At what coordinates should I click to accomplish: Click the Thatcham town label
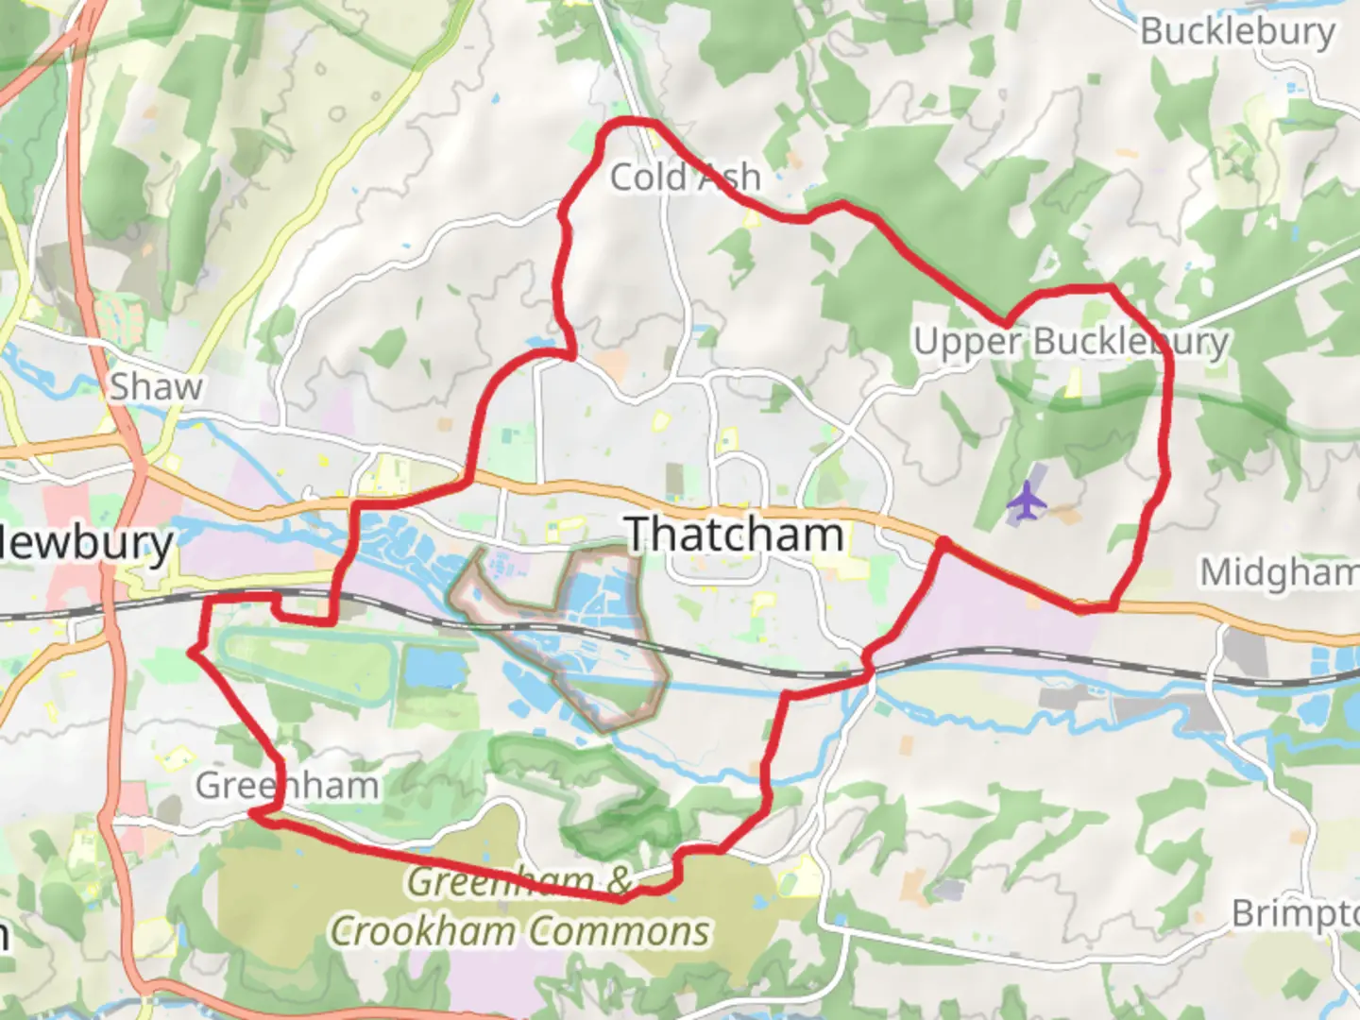735,535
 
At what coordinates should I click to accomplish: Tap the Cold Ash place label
685,177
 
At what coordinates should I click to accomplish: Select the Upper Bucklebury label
1071,341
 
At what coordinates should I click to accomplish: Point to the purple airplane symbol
1026,501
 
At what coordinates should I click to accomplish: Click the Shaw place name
156,386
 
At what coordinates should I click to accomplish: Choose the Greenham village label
287,785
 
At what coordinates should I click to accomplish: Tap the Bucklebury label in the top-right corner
1237,31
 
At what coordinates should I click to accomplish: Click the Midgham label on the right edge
1279,571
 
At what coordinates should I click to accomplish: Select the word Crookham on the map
430,931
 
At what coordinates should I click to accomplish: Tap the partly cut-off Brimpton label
1295,913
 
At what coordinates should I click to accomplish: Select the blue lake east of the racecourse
435,667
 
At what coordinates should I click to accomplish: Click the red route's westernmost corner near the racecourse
193,651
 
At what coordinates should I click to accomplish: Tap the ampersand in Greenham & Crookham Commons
619,880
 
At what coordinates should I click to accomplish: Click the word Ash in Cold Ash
727,177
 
